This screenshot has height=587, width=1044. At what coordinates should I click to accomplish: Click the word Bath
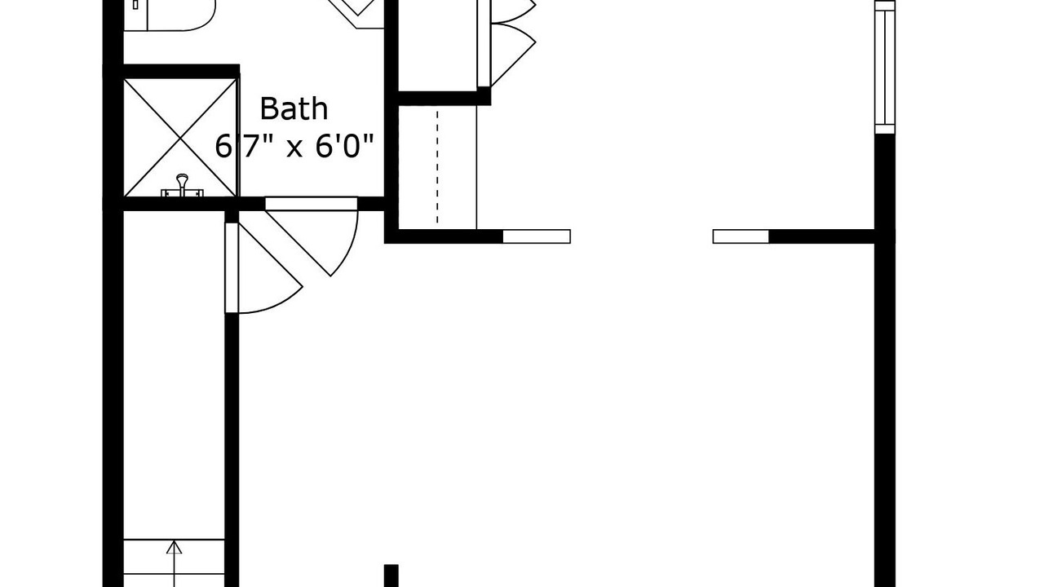coord(294,108)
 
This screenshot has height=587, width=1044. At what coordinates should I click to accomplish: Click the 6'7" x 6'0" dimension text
coord(294,146)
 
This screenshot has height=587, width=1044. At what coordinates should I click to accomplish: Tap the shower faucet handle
coord(182,185)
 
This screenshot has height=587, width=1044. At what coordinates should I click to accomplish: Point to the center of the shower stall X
coord(180,138)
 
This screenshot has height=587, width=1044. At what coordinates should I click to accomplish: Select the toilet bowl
coord(182,15)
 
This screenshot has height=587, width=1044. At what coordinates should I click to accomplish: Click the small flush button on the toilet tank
coord(135,5)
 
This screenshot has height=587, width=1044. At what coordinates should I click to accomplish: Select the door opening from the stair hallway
coord(232,268)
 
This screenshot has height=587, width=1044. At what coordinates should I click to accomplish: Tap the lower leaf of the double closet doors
coord(513,54)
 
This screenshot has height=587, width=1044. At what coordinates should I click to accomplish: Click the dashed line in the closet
coord(437,168)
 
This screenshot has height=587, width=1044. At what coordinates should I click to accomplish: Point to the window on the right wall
coord(885,68)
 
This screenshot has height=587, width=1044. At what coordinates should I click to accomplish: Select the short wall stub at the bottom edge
coord(391,576)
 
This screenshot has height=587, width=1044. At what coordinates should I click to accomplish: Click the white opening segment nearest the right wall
coord(741,236)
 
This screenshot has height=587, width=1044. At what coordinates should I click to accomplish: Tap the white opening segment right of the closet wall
coord(537,236)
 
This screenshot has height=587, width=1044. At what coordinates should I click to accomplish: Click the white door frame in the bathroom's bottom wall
coord(312,204)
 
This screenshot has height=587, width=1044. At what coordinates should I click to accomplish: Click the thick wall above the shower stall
coord(181,71)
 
